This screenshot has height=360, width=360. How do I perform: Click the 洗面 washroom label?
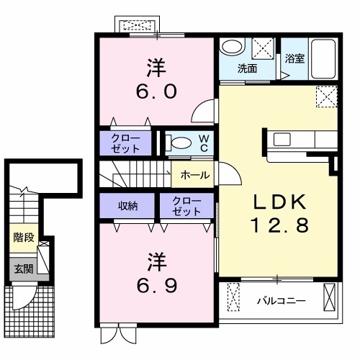248,69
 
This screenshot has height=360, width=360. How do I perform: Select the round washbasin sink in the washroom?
232,48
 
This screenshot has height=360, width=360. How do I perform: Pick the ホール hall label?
195,175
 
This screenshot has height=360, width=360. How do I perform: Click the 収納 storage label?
128,206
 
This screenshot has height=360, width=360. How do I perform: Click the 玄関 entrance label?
22,269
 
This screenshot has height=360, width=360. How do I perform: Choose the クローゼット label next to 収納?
187,206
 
